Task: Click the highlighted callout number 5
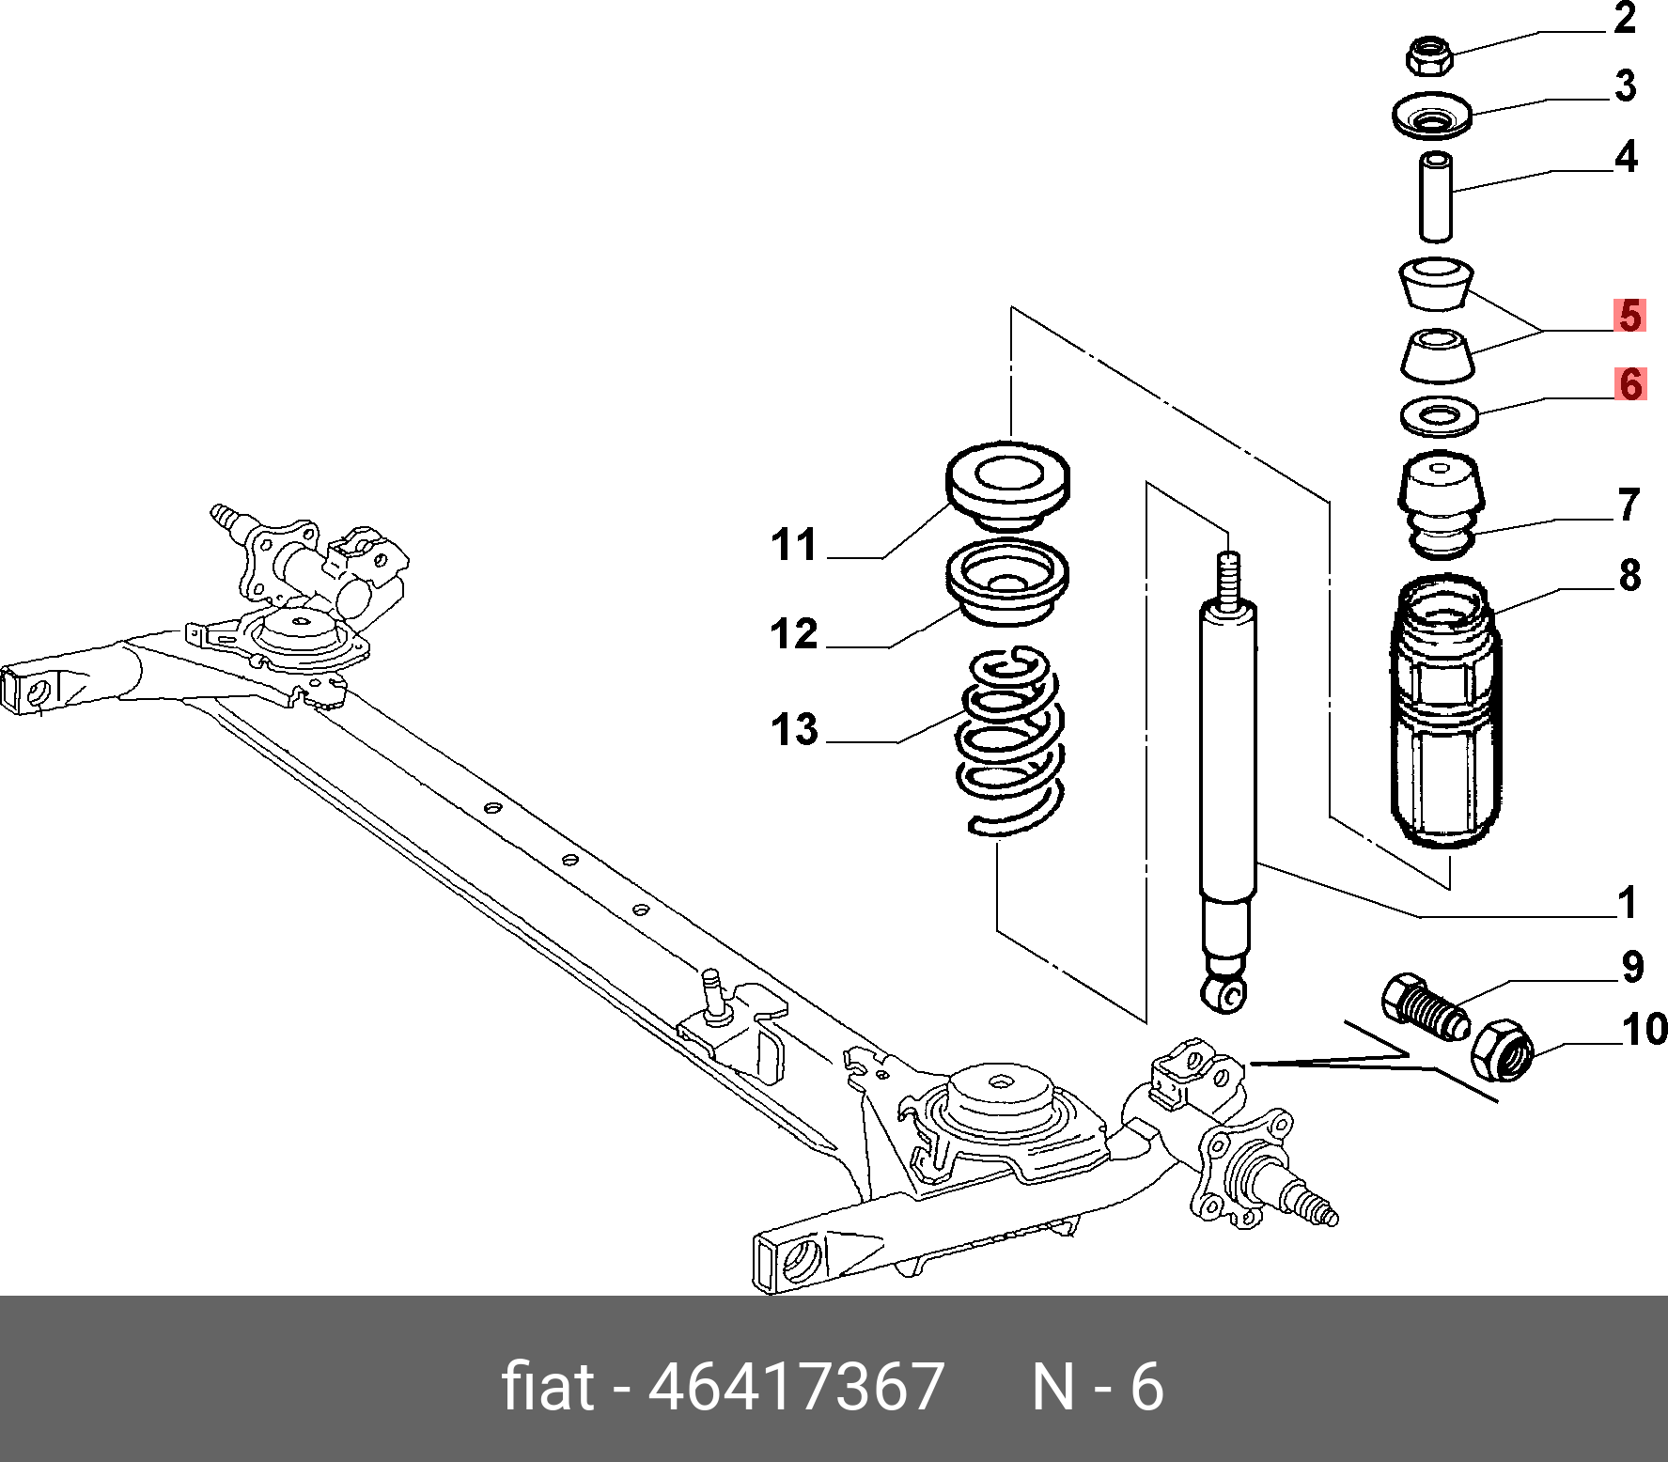tap(1630, 316)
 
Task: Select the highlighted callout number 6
tap(1631, 384)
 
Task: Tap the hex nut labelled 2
tap(1429, 55)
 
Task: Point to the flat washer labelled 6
tap(1439, 415)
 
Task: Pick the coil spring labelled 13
tap(1010, 742)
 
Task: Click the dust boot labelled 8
tap(1444, 714)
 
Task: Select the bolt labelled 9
tap(1425, 1008)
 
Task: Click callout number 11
tap(794, 545)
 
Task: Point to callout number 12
tap(794, 634)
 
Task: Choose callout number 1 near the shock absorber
tap(1628, 903)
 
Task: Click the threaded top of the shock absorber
tap(1227, 578)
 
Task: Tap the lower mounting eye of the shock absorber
tap(1224, 992)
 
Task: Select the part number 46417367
tap(796, 1387)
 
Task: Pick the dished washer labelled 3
tap(1431, 117)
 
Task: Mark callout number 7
tap(1629, 505)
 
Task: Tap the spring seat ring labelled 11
tap(1007, 481)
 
